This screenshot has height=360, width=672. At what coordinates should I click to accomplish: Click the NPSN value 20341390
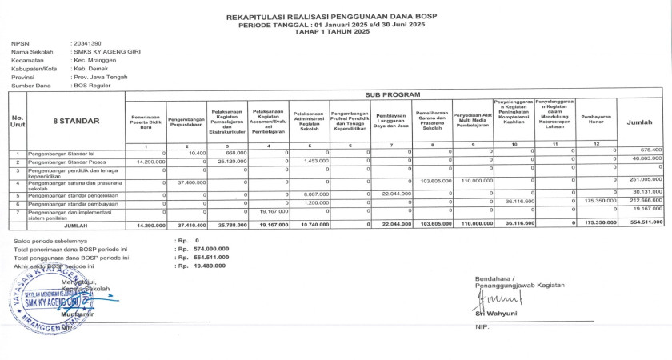[86, 42]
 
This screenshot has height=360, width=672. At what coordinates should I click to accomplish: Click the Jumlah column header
[639, 122]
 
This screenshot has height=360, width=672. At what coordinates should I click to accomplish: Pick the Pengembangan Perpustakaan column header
[187, 121]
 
